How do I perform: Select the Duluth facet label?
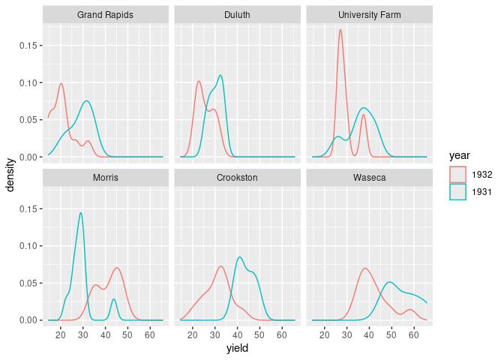pyautogui.click(x=237, y=15)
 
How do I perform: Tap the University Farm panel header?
pyautogui.click(x=369, y=15)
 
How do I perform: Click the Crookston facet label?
pyautogui.click(x=237, y=178)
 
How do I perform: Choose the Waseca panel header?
pyautogui.click(x=369, y=178)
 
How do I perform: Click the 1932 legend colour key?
pyautogui.click(x=457, y=174)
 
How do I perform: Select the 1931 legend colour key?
pyautogui.click(x=457, y=191)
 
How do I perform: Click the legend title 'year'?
pyautogui.click(x=460, y=156)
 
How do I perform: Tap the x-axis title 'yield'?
pyautogui.click(x=237, y=348)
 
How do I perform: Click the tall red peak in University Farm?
pyautogui.click(x=340, y=30)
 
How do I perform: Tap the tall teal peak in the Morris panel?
pyautogui.click(x=80, y=213)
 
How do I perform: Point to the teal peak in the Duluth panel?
pyautogui.click(x=220, y=75)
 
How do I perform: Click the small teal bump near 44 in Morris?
pyautogui.click(x=114, y=300)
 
